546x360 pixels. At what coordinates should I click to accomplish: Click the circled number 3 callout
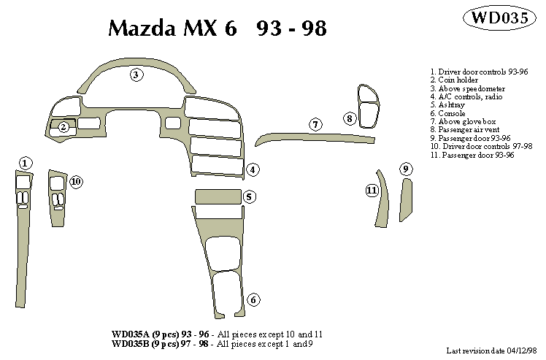pos(136,74)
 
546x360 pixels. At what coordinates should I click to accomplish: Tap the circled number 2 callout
pos(64,127)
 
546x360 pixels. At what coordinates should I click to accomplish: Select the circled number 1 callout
pos(26,163)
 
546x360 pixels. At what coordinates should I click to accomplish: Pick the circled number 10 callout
pos(76,181)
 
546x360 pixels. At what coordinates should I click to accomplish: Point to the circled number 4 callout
pos(252,170)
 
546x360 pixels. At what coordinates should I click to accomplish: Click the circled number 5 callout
pos(249,197)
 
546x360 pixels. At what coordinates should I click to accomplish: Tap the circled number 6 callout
pos(253,299)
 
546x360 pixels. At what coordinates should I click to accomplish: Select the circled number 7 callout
pos(315,124)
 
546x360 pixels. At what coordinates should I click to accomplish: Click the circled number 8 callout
pos(350,118)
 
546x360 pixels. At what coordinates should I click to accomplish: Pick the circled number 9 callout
pos(406,169)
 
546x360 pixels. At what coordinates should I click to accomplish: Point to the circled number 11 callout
pos(372,191)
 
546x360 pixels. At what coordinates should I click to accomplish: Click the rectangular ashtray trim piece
pos(218,196)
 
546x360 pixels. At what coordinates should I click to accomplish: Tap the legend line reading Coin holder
pos(453,80)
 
